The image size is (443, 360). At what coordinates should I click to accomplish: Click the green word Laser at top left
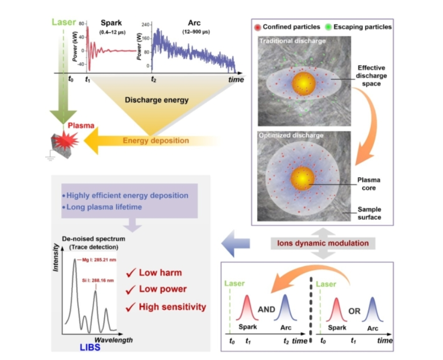pos(64,23)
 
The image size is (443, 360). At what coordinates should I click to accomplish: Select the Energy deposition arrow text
pos(155,140)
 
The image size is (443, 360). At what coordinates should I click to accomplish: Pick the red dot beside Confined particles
pos(258,26)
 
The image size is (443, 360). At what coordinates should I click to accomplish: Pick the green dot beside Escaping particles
pos(328,26)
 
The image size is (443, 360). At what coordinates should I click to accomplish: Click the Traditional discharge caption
pos(292,40)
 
